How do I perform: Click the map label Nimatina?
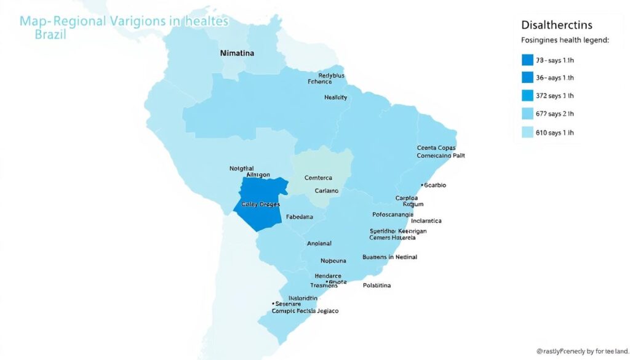tap(237, 54)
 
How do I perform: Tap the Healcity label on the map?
tap(335, 97)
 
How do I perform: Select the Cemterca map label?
tap(322, 177)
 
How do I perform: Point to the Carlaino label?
tap(327, 191)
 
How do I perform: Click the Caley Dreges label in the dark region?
tap(261, 204)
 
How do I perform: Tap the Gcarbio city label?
tap(435, 185)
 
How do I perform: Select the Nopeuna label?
tap(333, 261)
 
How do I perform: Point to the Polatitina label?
tap(377, 286)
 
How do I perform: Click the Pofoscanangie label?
tap(393, 215)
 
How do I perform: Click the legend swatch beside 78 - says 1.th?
tap(527, 60)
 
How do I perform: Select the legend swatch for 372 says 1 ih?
tap(527, 95)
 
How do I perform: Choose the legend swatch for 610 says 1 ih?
tap(527, 132)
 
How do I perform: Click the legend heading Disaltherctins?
tap(556, 25)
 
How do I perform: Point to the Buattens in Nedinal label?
tap(389, 257)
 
